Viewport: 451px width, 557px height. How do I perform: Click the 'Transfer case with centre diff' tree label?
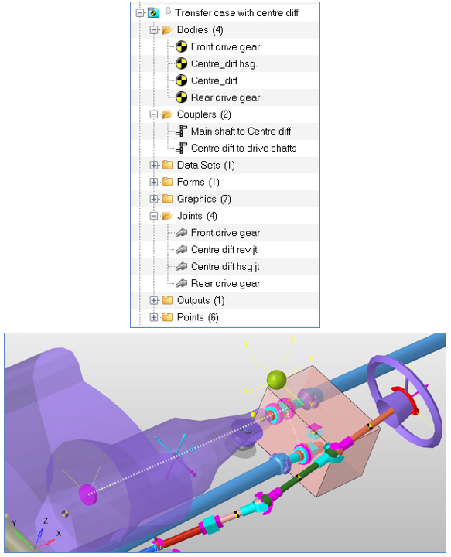(237, 13)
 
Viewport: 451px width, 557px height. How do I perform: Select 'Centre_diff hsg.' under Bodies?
(224, 63)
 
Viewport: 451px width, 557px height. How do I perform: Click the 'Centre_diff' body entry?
(214, 80)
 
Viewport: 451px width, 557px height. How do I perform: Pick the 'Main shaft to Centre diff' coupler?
(241, 132)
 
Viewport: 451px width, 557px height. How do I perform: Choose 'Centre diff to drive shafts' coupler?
(244, 148)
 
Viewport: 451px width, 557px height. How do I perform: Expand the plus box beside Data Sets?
(153, 166)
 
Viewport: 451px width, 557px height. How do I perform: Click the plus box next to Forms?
(153, 183)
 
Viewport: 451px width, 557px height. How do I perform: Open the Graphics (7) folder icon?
(167, 199)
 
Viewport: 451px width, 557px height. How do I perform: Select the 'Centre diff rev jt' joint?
(224, 250)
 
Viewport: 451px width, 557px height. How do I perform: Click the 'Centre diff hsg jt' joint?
(225, 266)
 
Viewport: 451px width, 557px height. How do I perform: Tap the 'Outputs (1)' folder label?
(200, 300)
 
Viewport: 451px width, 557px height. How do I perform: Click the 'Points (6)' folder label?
(198, 317)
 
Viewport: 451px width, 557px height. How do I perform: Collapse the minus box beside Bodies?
(153, 30)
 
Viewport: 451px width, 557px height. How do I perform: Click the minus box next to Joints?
(153, 216)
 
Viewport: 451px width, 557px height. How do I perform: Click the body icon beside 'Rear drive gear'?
(182, 97)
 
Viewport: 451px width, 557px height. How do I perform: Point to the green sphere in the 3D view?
(277, 379)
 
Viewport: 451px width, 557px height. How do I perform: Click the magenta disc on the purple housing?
(88, 494)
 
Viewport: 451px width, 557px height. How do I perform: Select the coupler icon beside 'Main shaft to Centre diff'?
(182, 131)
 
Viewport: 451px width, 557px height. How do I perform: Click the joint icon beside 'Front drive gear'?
(182, 233)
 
